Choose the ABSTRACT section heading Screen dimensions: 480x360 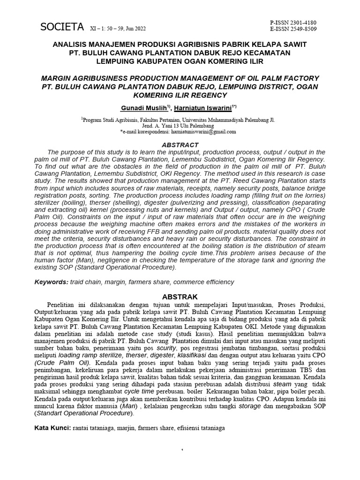pyautogui.click(x=180, y=145)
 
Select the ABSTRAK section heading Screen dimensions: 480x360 pyautogui.click(x=180, y=297)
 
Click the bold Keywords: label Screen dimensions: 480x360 pyautogui.click(x=52, y=282)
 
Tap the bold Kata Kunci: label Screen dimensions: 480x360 pyautogui.click(x=53, y=428)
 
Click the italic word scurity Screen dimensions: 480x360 pyautogui.click(x=166, y=349)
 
